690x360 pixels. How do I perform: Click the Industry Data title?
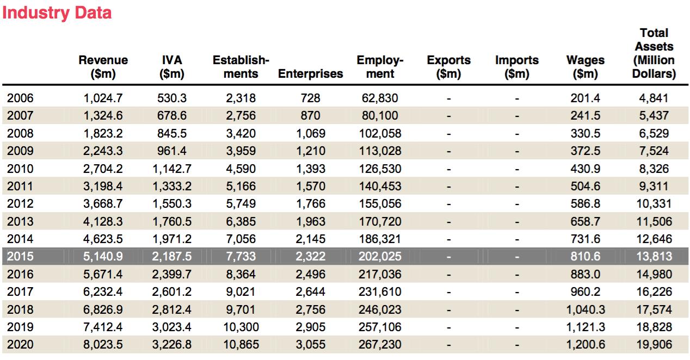[x=57, y=13]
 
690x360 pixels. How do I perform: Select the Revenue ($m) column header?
[x=103, y=67]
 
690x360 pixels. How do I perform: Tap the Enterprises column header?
[x=310, y=74]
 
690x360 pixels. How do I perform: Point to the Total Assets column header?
[x=654, y=53]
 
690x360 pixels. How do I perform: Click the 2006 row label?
[x=20, y=98]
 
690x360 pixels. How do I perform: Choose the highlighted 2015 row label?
[x=20, y=257]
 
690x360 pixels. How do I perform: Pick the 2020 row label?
[x=20, y=345]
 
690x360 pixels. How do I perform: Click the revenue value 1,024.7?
[x=103, y=98]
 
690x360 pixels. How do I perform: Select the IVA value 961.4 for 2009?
[x=172, y=151]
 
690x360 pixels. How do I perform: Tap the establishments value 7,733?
[x=241, y=257]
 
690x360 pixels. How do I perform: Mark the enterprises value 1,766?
[x=310, y=204]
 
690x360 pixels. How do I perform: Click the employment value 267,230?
[x=380, y=345]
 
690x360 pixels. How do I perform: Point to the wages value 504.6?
[x=586, y=187]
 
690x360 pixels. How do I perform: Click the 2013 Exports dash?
[x=448, y=221]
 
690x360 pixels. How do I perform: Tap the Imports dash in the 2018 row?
[x=517, y=309]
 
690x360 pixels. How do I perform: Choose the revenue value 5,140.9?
[x=103, y=257]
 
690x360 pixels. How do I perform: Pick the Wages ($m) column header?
[x=586, y=67]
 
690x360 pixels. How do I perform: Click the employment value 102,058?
[x=380, y=134]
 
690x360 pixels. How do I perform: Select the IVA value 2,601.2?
[x=172, y=292]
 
